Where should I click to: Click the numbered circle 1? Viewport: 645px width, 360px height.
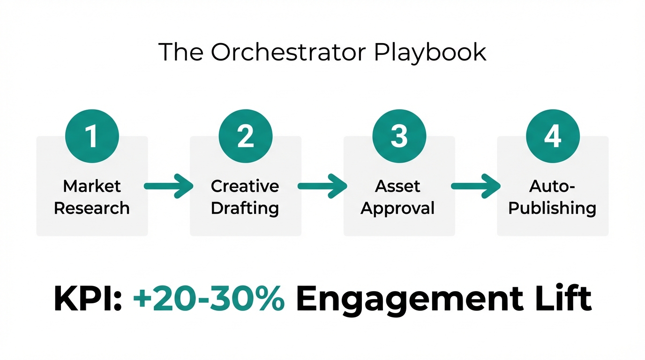[92, 136]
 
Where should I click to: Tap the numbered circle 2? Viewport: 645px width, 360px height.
[245, 136]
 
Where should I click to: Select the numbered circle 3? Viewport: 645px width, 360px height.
[399, 136]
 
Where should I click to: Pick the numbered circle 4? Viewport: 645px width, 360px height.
[553, 136]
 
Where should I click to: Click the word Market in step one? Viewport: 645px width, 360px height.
[92, 186]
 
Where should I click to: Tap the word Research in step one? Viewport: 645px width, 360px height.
[92, 208]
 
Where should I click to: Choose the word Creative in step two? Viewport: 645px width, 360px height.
[245, 186]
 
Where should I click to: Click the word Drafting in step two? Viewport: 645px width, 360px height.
[245, 208]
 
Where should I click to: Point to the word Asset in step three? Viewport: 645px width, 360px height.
[398, 186]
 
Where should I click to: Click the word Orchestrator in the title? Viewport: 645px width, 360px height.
[287, 52]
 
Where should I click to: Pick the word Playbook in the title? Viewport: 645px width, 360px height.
[430, 53]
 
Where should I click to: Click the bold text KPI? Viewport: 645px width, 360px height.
[88, 298]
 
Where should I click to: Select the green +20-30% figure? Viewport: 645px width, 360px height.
[209, 298]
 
